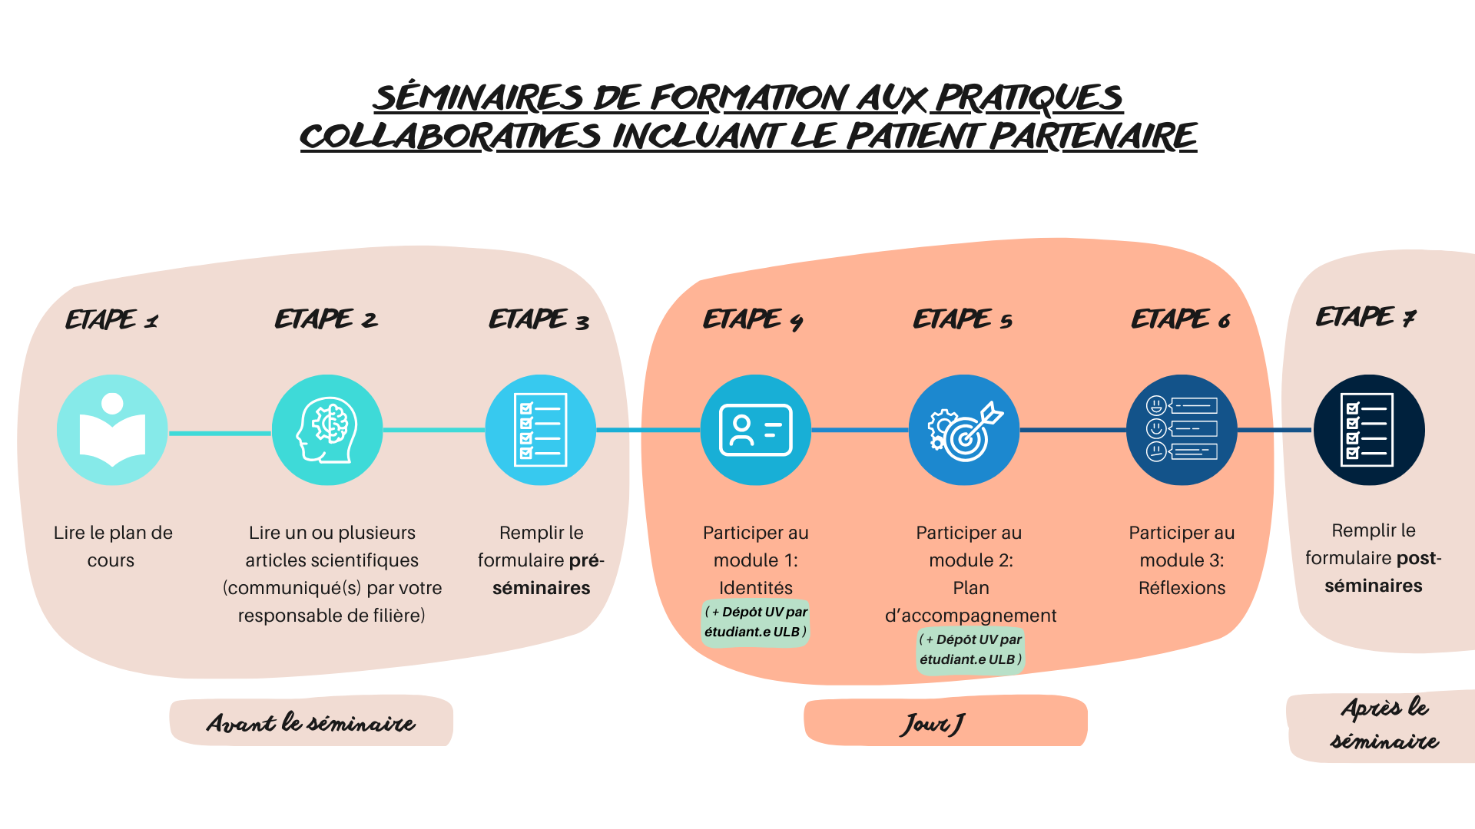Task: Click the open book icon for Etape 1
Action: point(112,430)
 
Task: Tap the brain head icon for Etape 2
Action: point(327,430)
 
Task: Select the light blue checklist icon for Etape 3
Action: point(541,430)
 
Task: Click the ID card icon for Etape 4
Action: point(755,430)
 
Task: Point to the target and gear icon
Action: point(964,430)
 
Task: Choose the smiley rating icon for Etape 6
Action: point(1182,430)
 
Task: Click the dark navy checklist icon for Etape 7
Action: point(1369,430)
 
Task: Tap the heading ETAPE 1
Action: point(112,319)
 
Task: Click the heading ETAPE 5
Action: point(963,319)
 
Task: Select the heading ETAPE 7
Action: point(1366,317)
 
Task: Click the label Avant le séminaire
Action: point(311,722)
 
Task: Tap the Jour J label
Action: point(933,723)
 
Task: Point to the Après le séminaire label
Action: point(1384,724)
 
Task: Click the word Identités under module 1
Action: point(755,588)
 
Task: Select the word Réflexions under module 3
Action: point(1182,588)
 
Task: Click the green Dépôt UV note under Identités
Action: point(755,622)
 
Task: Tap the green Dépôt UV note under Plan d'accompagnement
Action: point(970,649)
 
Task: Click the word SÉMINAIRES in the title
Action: point(478,98)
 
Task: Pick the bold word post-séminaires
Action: point(1374,573)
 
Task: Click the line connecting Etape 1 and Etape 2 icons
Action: point(220,433)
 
